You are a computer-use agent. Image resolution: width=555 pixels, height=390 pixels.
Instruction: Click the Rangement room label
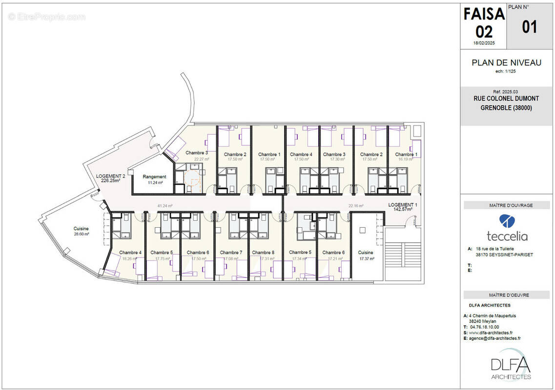click(x=154, y=176)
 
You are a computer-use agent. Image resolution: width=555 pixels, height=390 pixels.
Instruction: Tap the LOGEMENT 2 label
click(x=110, y=176)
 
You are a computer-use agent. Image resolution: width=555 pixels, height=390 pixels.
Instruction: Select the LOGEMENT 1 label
click(x=403, y=205)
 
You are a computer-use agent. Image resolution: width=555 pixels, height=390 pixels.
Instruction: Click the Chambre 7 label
click(x=231, y=253)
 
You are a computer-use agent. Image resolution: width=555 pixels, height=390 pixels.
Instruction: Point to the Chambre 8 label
click(x=263, y=253)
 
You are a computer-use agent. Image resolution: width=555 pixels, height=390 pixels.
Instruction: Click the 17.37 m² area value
click(x=367, y=259)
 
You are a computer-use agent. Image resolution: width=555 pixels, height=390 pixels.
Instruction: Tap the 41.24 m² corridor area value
click(x=164, y=206)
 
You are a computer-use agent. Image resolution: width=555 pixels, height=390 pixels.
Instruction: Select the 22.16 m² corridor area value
click(x=356, y=206)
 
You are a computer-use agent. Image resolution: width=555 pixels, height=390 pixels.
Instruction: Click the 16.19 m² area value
click(x=406, y=159)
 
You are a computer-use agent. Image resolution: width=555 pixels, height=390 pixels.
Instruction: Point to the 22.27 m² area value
click(x=201, y=159)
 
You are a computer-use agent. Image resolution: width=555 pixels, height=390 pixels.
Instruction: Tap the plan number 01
click(x=530, y=26)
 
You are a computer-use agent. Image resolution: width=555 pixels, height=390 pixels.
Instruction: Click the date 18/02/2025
click(x=484, y=43)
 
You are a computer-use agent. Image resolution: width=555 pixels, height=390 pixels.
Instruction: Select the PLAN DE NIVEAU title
click(x=506, y=62)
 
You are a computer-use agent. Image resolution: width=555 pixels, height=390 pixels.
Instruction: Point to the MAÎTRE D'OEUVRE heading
click(x=506, y=294)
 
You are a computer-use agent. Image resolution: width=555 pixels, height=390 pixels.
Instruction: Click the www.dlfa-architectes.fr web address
click(x=494, y=332)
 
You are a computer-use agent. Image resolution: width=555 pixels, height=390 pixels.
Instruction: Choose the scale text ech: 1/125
click(x=506, y=71)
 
